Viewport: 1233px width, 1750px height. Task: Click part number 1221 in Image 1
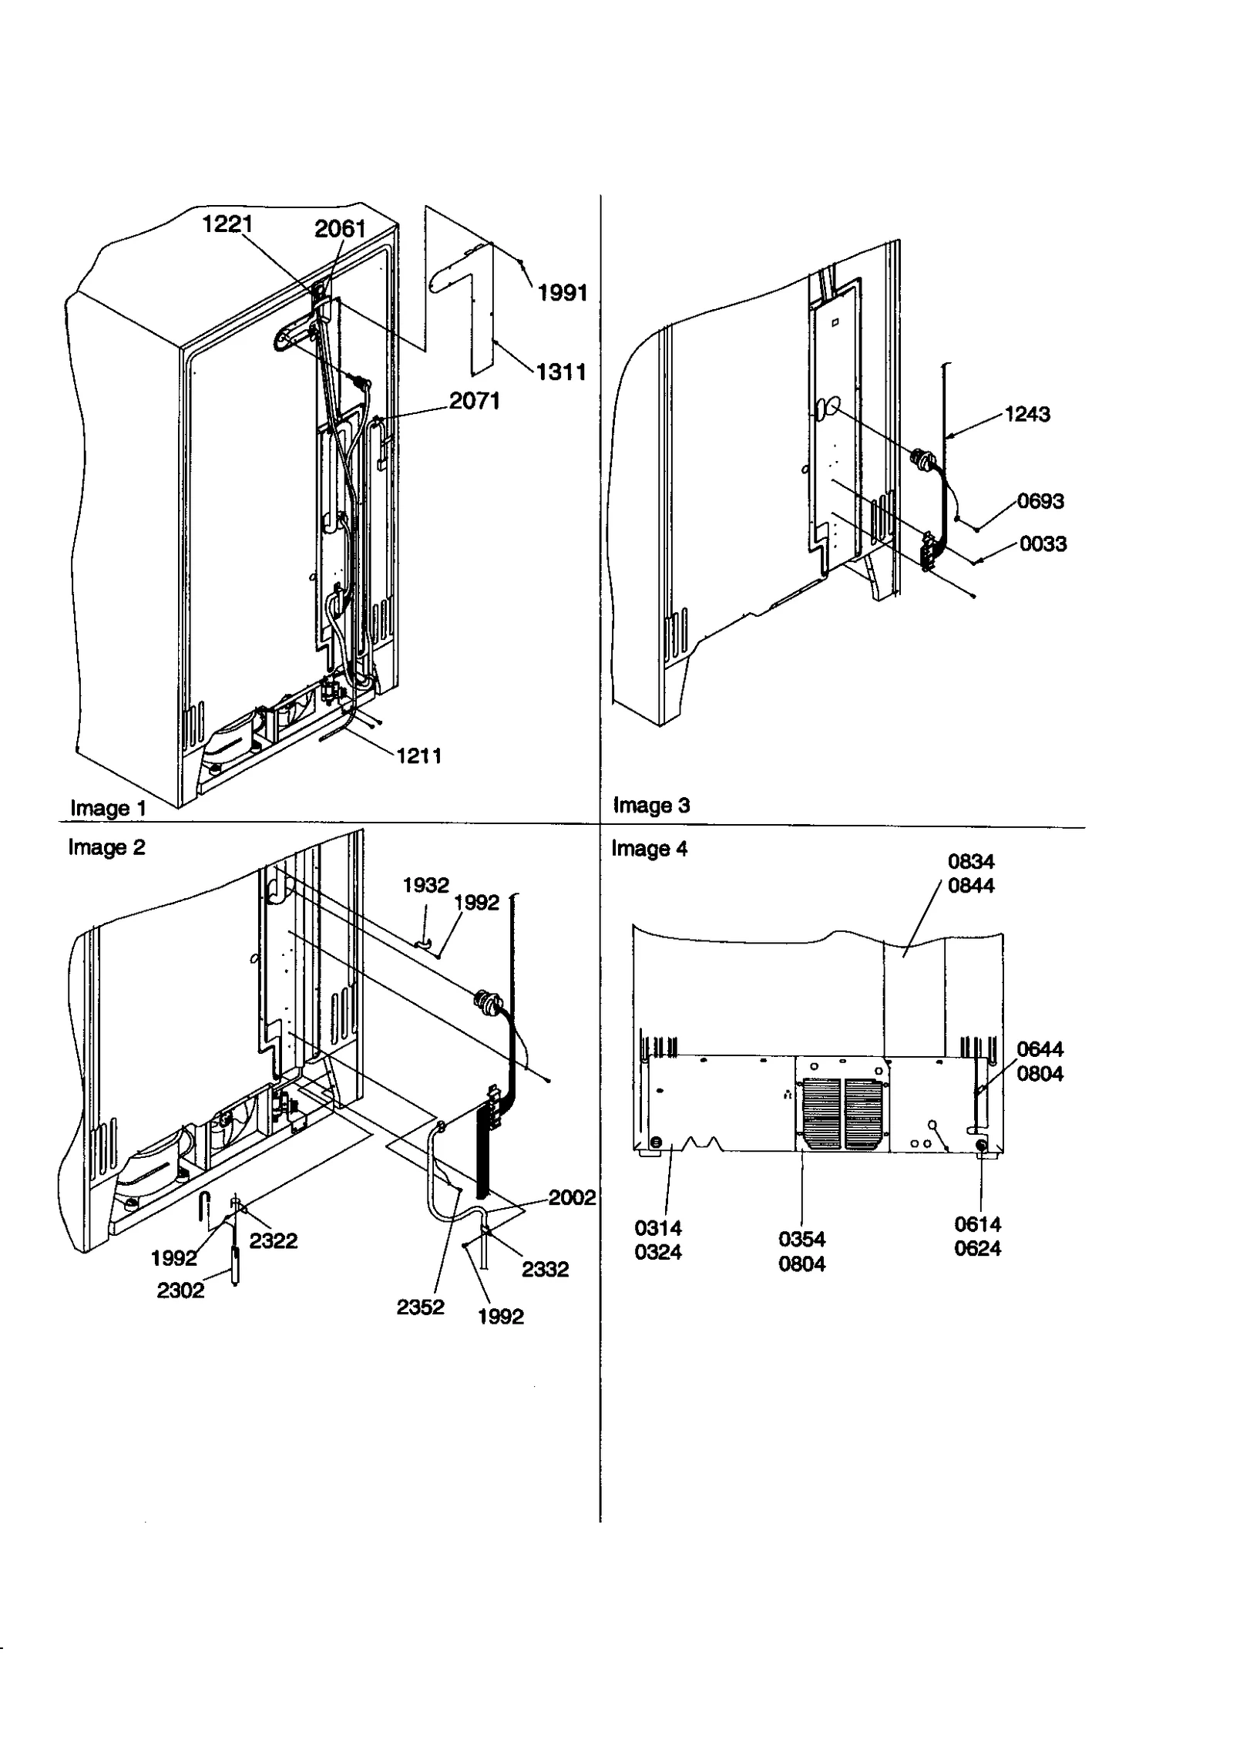[227, 224]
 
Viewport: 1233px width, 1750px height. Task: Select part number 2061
[340, 228]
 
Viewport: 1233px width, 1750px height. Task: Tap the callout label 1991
[563, 293]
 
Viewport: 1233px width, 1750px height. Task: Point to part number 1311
[561, 372]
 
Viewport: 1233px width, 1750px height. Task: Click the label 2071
[475, 401]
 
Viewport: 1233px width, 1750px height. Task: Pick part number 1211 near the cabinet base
[419, 756]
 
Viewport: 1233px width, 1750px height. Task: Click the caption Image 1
[108, 809]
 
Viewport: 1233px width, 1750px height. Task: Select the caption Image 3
[651, 806]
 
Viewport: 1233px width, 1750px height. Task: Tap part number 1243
[1027, 415]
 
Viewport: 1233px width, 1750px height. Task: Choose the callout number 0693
[1040, 502]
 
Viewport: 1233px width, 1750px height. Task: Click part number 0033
[1043, 544]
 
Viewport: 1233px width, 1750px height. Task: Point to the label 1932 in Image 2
[425, 885]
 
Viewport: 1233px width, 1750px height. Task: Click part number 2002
[572, 1198]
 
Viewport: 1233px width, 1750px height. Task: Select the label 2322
[273, 1241]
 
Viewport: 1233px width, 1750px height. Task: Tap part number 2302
[180, 1291]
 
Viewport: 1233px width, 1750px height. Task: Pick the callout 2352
[420, 1307]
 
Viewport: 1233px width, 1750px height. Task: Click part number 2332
[545, 1270]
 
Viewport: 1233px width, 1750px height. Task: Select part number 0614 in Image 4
[977, 1224]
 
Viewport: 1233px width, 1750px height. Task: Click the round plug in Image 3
[923, 461]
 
